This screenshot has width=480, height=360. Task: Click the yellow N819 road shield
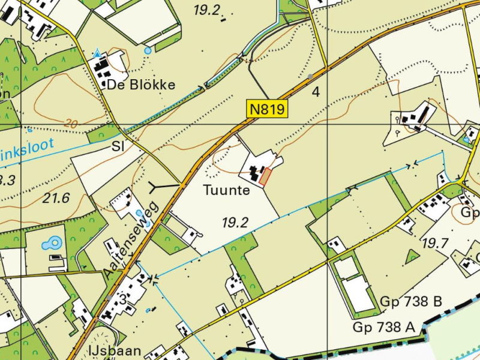[268, 109]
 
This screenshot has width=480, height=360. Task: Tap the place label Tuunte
[226, 191]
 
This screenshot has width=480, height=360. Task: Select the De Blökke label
[141, 85]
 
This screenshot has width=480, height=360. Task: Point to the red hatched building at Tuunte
[265, 176]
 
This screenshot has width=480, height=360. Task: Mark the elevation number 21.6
[56, 197]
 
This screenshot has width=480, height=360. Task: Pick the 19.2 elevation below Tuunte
[235, 223]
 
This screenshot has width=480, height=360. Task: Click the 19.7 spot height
[436, 242]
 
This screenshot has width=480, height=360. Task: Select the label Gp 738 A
[383, 327]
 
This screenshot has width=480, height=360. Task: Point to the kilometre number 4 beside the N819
[316, 92]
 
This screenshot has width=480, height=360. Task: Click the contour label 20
[70, 124]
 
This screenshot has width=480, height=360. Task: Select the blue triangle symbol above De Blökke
[97, 53]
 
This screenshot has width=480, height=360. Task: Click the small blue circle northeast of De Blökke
[148, 51]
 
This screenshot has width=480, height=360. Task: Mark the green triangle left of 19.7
[412, 256]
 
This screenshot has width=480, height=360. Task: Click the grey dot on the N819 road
[310, 77]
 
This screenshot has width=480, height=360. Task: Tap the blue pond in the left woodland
[52, 243]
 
